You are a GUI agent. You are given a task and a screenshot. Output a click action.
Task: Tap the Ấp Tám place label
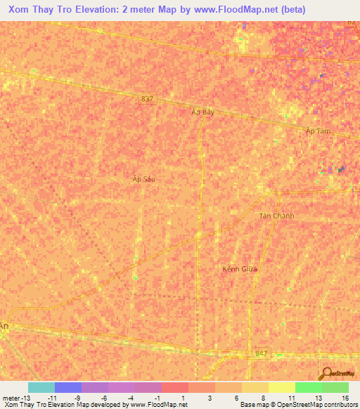point(319,131)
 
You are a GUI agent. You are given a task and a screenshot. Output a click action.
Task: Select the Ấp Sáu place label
point(143,179)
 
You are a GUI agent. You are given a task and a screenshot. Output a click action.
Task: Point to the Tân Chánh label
point(276,216)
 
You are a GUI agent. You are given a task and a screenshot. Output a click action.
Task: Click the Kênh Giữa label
point(240,269)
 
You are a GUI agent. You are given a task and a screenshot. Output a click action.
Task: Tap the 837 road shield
point(146,99)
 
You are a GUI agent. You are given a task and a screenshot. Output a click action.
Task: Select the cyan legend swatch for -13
point(41,387)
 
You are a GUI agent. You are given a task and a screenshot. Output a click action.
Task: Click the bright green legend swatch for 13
point(308,387)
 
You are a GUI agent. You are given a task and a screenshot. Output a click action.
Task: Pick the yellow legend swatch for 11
point(281,387)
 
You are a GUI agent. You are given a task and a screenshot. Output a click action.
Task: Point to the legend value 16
point(345,397)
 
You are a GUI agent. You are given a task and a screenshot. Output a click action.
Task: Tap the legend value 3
point(210,397)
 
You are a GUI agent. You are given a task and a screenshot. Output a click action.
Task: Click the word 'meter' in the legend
point(11,397)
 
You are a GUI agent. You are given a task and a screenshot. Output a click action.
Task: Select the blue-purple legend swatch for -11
point(68,387)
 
